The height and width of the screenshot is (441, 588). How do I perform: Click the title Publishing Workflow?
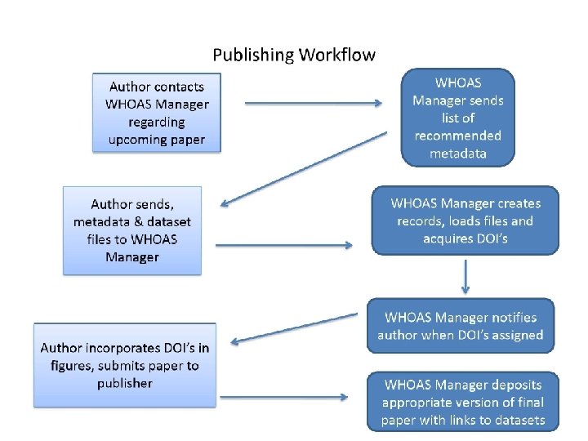pos(294,56)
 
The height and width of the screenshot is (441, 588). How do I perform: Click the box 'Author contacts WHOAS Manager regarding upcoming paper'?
pos(157,113)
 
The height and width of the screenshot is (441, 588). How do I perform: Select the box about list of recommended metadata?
pos(457,117)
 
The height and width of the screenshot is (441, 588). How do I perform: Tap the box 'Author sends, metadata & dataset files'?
pos(132,229)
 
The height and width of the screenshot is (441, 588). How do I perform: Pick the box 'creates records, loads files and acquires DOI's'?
pos(465,220)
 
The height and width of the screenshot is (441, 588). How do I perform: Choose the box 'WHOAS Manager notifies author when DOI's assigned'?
pos(461,325)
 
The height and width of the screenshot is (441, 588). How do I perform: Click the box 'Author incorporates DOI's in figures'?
pos(124,365)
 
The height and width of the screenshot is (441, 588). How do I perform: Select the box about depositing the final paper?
pos(463,403)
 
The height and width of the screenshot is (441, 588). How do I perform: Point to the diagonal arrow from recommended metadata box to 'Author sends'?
pos(306,169)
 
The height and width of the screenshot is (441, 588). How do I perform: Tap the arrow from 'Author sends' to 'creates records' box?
pos(284,245)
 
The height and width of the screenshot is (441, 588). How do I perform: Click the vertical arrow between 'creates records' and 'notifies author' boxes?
pos(465,276)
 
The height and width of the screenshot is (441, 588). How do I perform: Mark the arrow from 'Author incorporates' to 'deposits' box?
pos(283,398)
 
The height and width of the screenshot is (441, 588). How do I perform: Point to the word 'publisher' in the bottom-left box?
pos(124,383)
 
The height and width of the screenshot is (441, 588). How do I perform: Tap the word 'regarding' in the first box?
pos(157,122)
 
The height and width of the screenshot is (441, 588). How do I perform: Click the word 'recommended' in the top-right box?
pos(457,136)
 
